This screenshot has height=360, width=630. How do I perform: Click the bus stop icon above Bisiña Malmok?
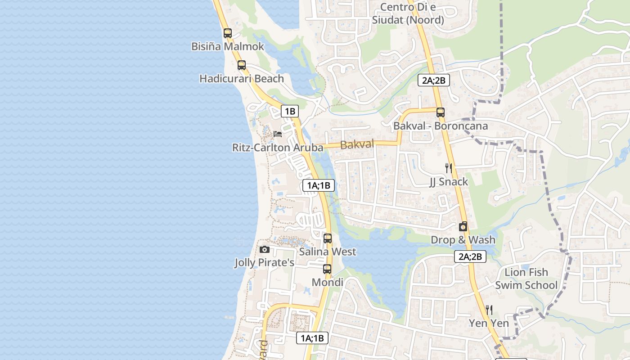[x=228, y=33]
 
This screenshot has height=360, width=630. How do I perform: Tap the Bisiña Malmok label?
[x=228, y=46]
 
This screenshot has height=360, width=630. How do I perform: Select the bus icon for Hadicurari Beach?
[x=242, y=65]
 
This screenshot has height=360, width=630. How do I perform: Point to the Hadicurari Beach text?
[x=242, y=79]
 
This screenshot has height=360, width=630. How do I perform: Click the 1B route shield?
[x=290, y=111]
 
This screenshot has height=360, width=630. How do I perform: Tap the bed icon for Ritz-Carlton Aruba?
[x=278, y=134]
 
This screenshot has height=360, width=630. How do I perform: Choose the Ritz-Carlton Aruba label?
[x=278, y=148]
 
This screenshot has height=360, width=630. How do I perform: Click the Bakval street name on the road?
[x=357, y=144]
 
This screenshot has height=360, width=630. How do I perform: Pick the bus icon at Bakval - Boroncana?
[x=440, y=112]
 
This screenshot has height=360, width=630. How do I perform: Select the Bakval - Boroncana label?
[x=440, y=126]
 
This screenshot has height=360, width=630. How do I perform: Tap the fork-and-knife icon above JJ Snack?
[x=448, y=168]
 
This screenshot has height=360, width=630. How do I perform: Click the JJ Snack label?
[x=448, y=182]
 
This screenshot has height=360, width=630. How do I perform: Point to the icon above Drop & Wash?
[x=463, y=226]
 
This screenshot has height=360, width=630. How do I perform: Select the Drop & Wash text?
[x=463, y=240]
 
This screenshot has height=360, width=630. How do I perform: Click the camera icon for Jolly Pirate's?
[x=265, y=249]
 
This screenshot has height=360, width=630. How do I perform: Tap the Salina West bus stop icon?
[x=328, y=238]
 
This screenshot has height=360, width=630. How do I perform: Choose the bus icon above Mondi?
[x=327, y=269]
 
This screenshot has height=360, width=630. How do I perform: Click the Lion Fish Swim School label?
[x=526, y=279]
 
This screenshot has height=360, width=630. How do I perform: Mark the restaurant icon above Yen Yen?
[x=489, y=310]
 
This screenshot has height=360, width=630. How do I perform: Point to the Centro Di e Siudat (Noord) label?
[x=408, y=13]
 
